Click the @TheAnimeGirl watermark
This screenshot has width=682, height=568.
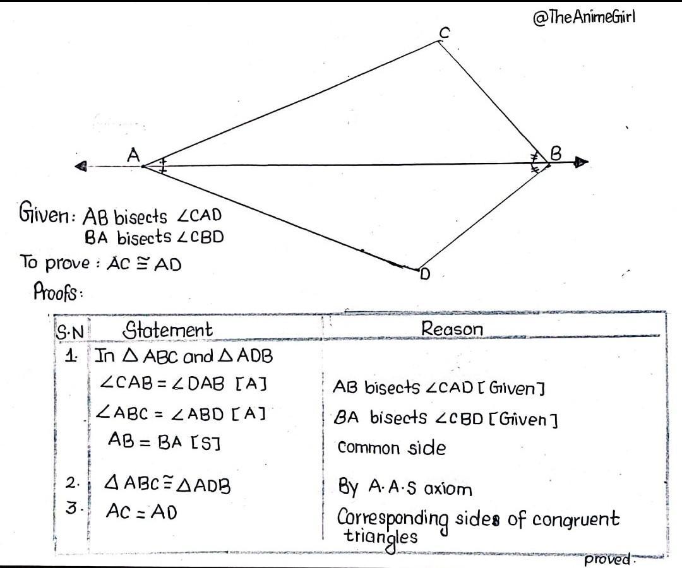[x=583, y=18]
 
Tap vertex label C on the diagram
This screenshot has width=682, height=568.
[x=445, y=33]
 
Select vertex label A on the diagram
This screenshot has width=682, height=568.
[x=133, y=155]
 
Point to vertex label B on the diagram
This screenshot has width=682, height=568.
[x=556, y=153]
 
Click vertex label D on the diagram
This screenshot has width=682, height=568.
[x=426, y=275]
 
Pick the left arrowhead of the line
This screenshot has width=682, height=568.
[x=80, y=166]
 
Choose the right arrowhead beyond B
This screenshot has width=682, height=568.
[x=581, y=163]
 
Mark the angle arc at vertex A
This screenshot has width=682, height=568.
[x=163, y=165]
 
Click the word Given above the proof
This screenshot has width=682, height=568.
[x=44, y=213]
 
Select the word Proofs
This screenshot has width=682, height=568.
[x=56, y=291]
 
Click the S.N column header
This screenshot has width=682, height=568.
[x=70, y=333]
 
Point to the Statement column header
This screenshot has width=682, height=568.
[x=167, y=330]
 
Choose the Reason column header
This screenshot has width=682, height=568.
[x=452, y=328]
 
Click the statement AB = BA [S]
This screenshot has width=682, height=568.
[x=164, y=441]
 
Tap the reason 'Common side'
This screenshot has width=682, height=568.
[x=392, y=447]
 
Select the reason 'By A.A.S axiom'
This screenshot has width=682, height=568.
[x=405, y=487]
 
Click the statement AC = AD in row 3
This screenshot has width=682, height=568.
[x=141, y=511]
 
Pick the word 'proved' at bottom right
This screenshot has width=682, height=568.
[x=607, y=559]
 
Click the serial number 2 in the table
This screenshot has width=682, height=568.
[x=71, y=483]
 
